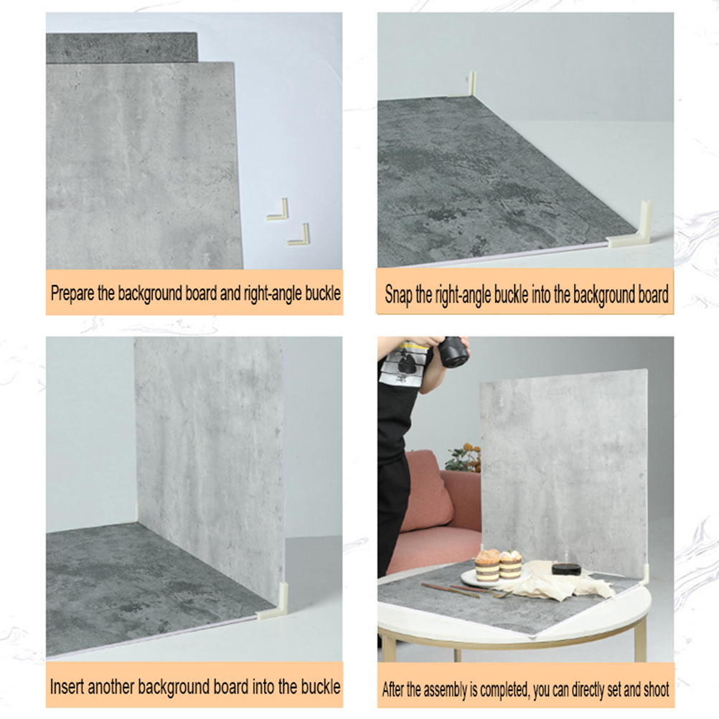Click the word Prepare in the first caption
(72, 293)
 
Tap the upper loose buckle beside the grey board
(278, 210)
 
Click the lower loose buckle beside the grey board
(299, 235)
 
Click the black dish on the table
(566, 568)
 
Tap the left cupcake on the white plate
(487, 565)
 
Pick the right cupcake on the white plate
(511, 565)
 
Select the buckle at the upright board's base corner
(274, 601)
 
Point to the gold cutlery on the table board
(466, 591)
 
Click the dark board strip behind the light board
(121, 47)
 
